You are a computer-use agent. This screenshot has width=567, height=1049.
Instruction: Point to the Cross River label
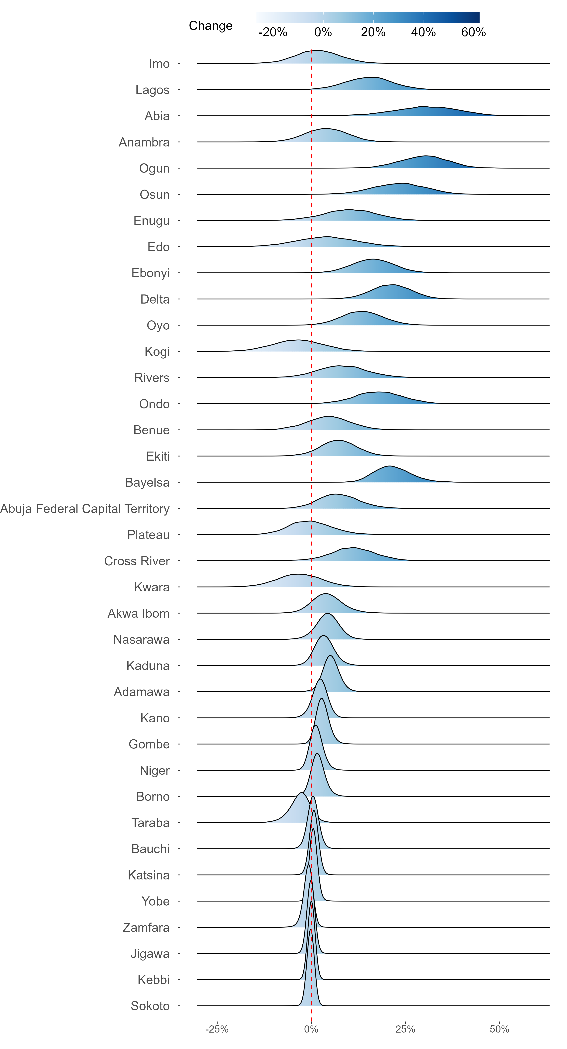click(137, 561)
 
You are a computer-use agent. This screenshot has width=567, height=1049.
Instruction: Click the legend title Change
click(211, 26)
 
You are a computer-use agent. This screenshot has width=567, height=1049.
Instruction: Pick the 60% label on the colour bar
click(473, 32)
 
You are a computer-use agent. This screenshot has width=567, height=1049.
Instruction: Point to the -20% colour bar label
click(273, 32)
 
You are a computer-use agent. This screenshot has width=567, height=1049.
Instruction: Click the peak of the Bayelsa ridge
click(390, 466)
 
